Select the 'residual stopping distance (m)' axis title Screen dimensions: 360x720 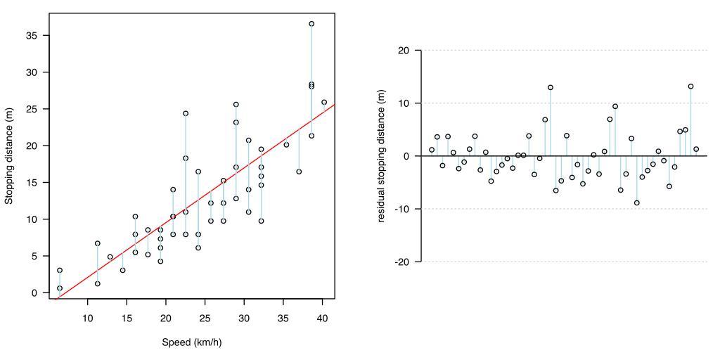click(x=382, y=156)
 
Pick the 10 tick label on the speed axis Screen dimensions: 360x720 click(x=88, y=318)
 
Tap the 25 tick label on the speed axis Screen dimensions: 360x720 click(x=205, y=318)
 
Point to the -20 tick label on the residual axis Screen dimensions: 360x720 click(x=401, y=262)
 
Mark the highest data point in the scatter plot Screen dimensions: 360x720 click(x=311, y=24)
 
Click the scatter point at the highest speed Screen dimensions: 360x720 click(x=324, y=102)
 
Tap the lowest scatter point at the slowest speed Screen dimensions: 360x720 click(x=60, y=288)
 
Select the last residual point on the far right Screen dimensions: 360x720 click(x=696, y=149)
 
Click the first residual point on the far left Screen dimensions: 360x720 click(x=432, y=150)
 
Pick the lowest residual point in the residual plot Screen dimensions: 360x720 click(x=637, y=202)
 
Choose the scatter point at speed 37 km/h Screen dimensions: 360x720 click(x=299, y=172)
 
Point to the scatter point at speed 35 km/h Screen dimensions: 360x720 click(x=286, y=145)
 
